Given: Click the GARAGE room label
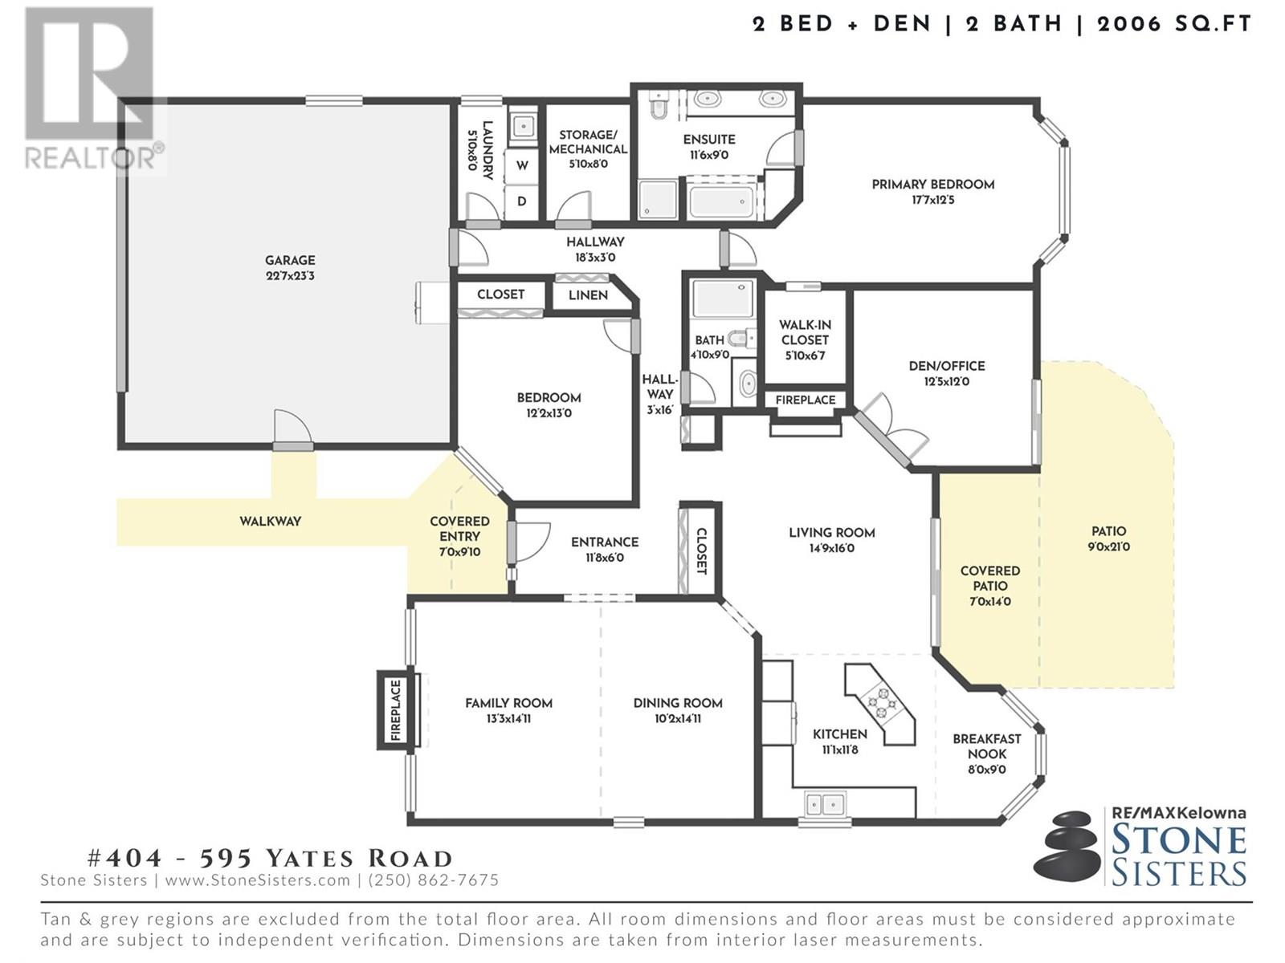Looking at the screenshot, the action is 290,260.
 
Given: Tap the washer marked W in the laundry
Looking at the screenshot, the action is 521,165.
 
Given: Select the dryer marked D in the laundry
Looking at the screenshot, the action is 521,201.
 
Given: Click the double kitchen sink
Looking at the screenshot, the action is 824,805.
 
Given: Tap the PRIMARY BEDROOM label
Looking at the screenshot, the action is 932,185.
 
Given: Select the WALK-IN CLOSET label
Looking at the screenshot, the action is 805,332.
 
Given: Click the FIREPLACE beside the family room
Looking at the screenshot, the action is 396,710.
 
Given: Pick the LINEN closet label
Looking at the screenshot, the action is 588,295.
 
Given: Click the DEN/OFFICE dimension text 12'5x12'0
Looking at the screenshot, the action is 947,382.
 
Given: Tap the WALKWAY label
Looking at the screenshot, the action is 270,521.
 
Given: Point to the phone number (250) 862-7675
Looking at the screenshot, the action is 433,880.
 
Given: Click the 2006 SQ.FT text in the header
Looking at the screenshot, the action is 1174,25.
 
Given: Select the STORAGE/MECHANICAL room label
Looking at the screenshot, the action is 588,142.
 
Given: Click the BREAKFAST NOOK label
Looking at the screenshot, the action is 986,746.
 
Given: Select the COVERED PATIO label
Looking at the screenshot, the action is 990,578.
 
